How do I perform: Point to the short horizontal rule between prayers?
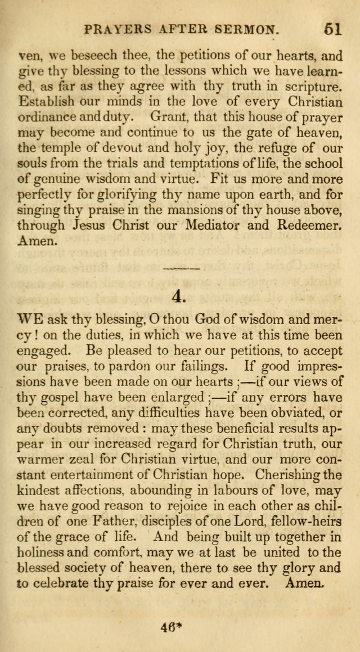point(181,268)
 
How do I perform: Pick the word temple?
point(62,149)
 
